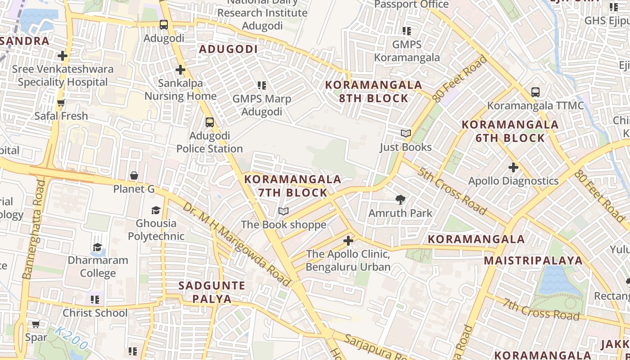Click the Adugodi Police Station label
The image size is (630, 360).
point(209,142)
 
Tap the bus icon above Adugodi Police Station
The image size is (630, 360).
point(209,122)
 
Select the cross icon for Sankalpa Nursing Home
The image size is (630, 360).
point(180,70)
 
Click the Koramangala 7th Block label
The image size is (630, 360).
point(292,186)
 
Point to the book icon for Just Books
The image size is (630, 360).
point(406,134)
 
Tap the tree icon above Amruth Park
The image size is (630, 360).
point(400,199)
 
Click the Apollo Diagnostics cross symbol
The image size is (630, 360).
point(513,167)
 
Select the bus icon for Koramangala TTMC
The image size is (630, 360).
point(535,92)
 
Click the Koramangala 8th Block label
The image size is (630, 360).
point(373,91)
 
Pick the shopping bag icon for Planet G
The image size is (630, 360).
point(134,175)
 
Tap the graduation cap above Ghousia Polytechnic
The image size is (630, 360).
point(156,210)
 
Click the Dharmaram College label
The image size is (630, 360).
point(98,266)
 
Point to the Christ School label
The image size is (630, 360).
point(95,313)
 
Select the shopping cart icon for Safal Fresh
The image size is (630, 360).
point(61,103)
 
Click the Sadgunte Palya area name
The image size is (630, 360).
point(212,292)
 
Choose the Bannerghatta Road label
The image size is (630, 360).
point(33,229)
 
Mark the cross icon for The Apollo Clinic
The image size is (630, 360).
point(348,241)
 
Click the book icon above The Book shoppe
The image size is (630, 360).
point(283,211)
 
